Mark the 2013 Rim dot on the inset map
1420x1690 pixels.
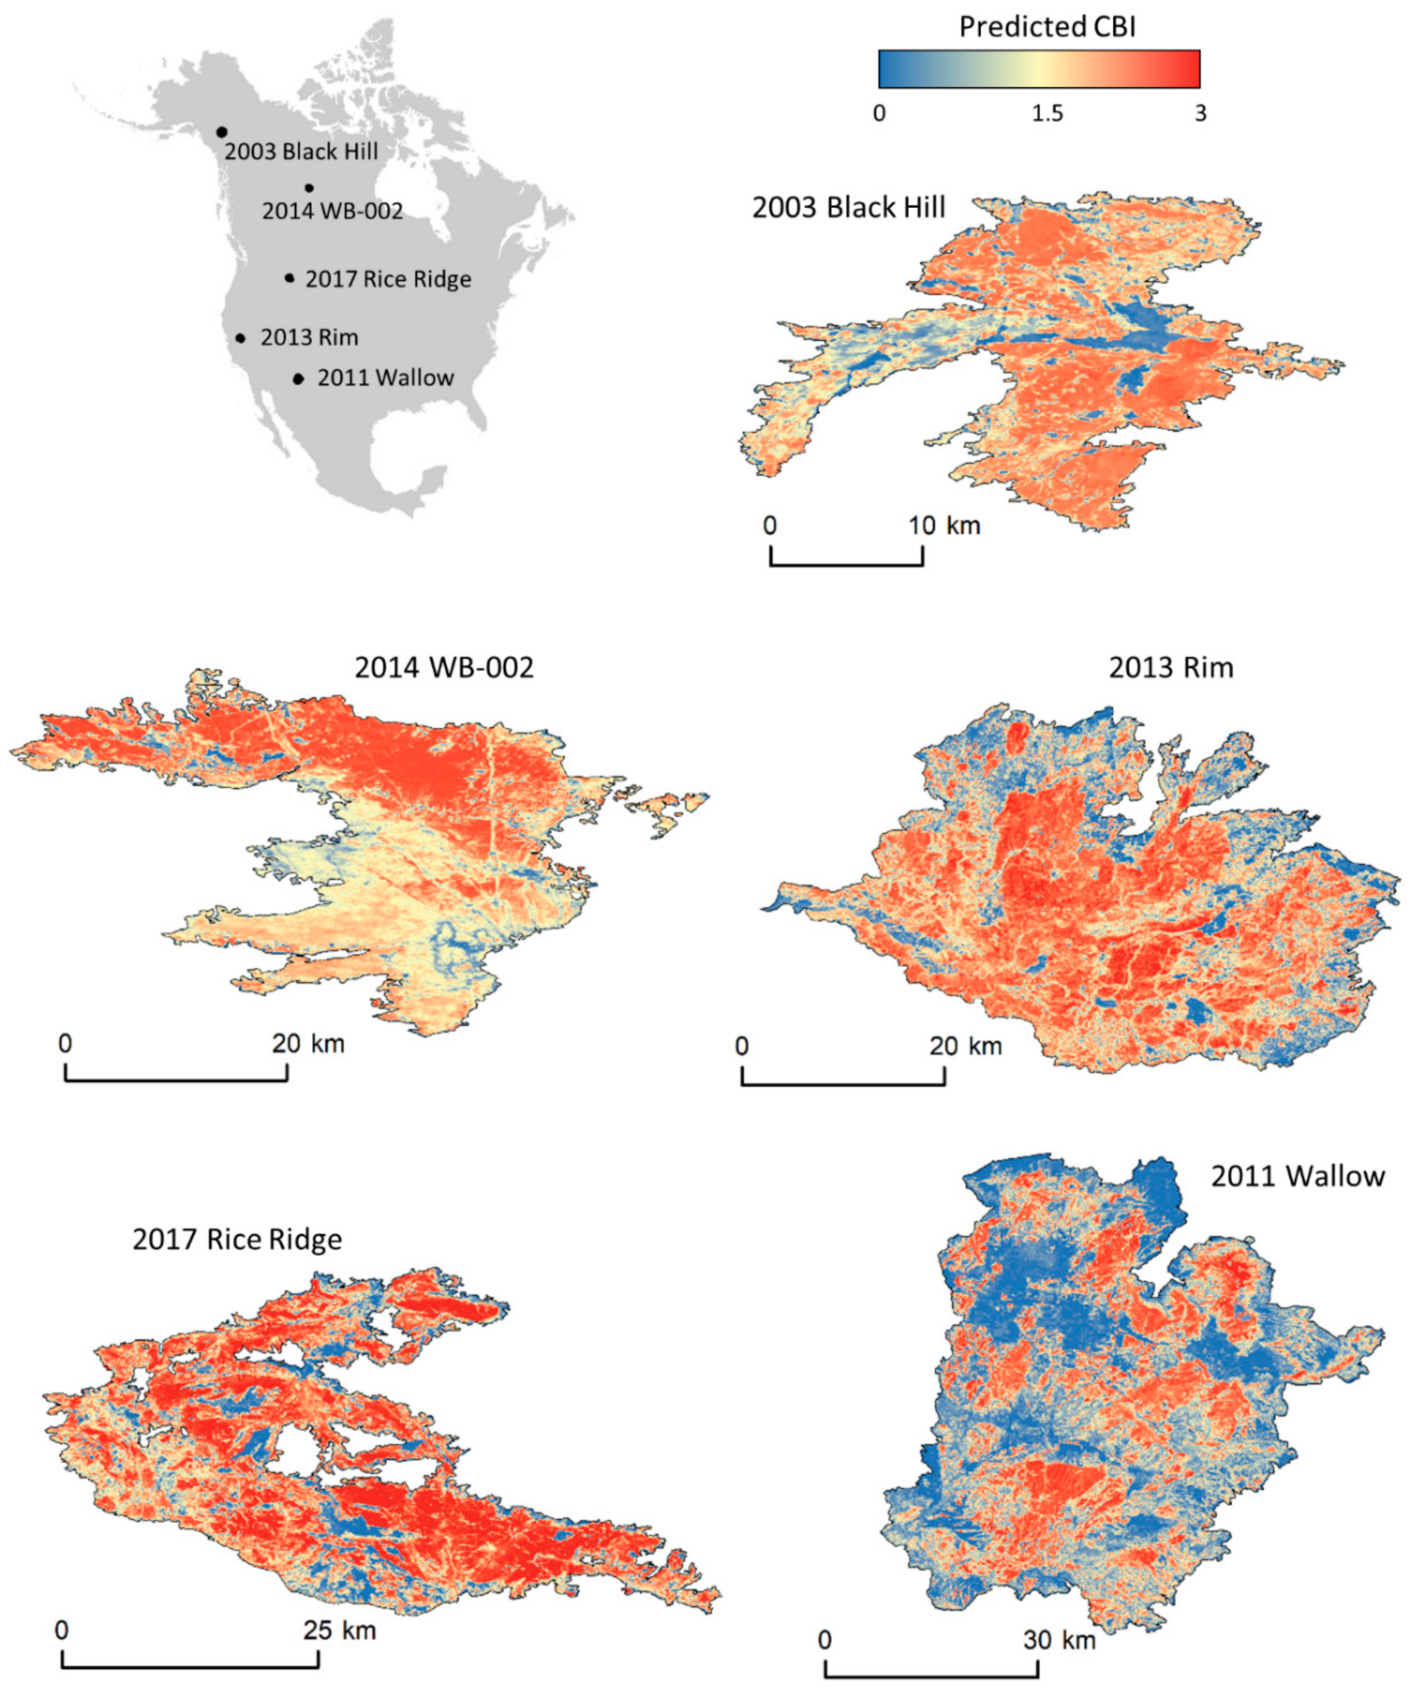click(240, 338)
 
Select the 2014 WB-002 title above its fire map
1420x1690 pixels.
click(444, 667)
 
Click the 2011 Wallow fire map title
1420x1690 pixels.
click(1298, 1176)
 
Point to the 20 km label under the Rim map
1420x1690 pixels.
click(965, 1046)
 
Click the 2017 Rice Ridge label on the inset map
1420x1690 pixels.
click(388, 280)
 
